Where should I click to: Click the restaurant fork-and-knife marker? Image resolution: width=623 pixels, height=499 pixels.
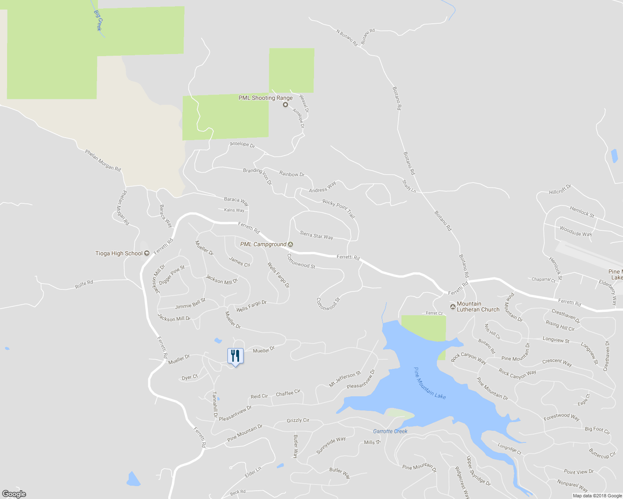click(236, 356)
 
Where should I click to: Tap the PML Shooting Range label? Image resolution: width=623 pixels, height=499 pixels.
click(265, 98)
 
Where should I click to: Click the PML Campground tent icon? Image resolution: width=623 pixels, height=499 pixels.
click(291, 245)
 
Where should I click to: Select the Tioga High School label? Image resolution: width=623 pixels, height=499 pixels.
click(119, 253)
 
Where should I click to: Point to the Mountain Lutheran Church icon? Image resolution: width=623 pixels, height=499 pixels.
click(453, 307)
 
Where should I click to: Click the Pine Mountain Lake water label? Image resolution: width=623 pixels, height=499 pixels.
click(430, 383)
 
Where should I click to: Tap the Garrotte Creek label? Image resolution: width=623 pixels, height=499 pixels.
click(390, 431)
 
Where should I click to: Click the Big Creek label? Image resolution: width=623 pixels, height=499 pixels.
click(98, 20)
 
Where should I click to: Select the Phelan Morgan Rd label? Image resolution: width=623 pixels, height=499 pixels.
click(103, 161)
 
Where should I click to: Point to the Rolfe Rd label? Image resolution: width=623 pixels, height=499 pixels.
click(84, 284)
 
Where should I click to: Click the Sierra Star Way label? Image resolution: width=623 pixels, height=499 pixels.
click(316, 235)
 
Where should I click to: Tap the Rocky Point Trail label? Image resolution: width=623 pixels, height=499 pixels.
click(339, 208)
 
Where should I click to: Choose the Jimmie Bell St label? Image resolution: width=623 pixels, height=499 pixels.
click(190, 304)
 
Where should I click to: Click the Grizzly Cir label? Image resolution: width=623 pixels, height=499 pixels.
click(298, 420)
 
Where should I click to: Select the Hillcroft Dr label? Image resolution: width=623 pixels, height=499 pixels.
click(560, 190)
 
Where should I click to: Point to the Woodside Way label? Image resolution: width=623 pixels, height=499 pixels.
click(576, 231)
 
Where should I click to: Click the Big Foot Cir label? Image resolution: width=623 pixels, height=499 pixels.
click(598, 430)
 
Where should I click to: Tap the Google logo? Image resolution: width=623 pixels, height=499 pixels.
click(14, 494)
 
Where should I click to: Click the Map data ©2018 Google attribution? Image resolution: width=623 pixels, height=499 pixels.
click(597, 496)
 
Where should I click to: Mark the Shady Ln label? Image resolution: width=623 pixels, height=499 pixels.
click(409, 186)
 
